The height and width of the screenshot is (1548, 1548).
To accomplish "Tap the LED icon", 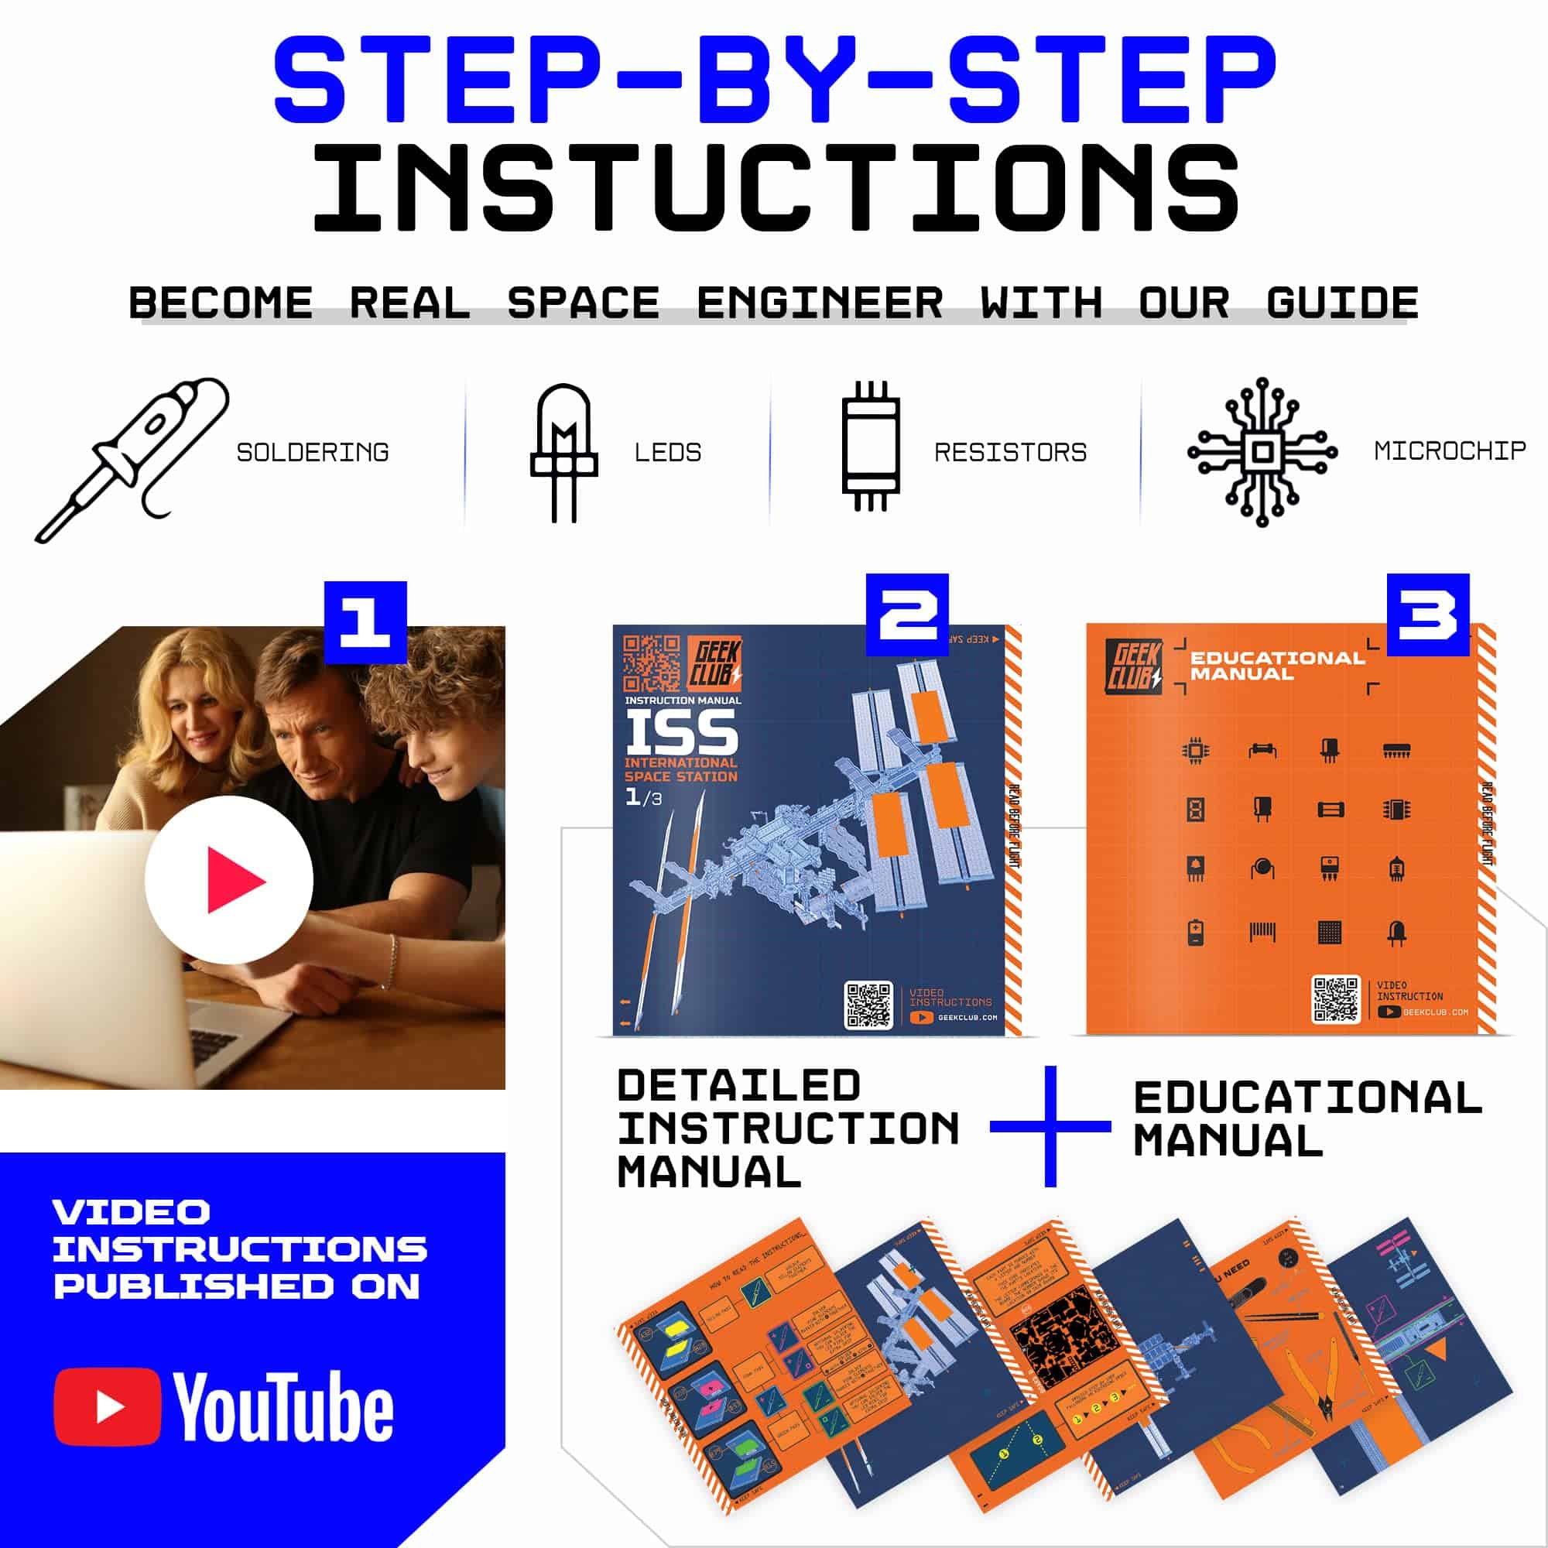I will pos(564,453).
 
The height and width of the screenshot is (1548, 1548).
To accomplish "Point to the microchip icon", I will pos(1262,452).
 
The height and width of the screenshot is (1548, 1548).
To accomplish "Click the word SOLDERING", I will pos(313,453).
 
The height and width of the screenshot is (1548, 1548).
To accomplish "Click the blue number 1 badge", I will pos(365,622).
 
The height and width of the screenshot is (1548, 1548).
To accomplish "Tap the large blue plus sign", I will pos(1050,1125).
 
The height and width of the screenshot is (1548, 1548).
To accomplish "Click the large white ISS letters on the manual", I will pos(681,732).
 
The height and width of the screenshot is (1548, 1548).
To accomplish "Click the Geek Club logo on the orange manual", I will pos(1133,666).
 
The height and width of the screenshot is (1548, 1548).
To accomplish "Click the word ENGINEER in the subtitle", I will pos(819,303).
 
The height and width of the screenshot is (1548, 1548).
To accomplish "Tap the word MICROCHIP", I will pos(1450,451).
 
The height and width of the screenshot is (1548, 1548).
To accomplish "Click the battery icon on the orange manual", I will pos(1196,933).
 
